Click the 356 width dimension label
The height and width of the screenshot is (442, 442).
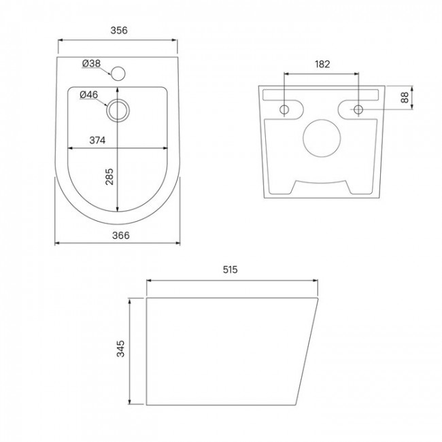[x=119, y=30]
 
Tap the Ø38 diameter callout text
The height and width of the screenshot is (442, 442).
[x=91, y=63]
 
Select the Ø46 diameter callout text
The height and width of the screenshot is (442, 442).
[x=89, y=95]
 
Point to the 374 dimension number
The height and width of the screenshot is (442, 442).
[x=97, y=140]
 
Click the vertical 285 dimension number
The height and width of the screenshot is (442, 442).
[x=109, y=177]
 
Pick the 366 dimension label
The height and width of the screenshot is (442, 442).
[x=121, y=235]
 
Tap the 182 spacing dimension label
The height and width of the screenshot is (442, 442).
[x=322, y=65]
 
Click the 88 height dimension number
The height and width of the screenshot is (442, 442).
[x=405, y=97]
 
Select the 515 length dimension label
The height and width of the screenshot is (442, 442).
[x=231, y=270]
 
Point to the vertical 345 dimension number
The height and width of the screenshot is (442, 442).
[x=120, y=349]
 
